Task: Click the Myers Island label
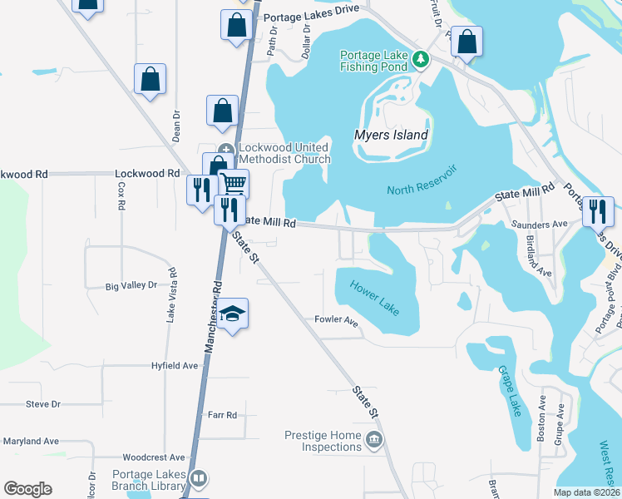[391, 135]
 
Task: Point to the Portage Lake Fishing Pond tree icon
[421, 59]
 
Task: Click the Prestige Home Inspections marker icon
[374, 440]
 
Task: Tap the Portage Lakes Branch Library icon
[199, 478]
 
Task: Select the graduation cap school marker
[234, 313]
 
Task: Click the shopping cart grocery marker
[234, 182]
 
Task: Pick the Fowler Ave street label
[336, 320]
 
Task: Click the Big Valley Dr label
[131, 285]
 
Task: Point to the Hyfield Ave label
[175, 365]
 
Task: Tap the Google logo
[28, 489]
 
